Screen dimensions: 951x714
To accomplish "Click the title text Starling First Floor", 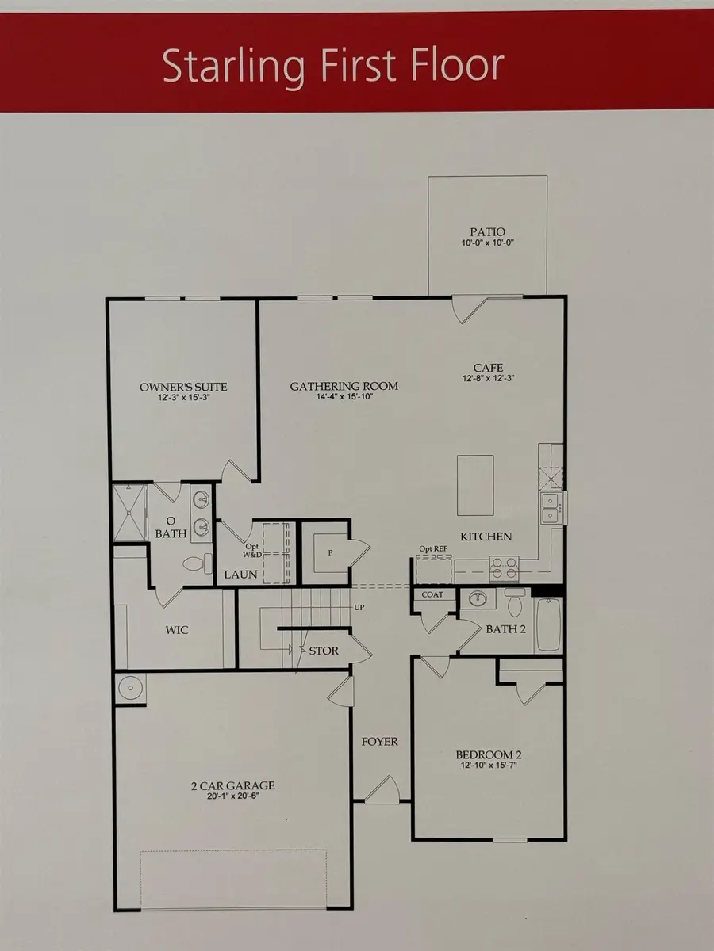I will click(333, 66).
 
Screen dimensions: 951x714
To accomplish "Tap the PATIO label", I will click(487, 232).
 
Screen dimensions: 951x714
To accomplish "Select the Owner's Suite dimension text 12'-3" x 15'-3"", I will click(183, 397).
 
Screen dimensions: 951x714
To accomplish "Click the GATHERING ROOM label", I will click(344, 386).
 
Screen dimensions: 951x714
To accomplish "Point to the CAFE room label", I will click(488, 368).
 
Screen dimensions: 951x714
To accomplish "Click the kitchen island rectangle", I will click(475, 485).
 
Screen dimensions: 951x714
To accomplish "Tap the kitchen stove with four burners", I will click(504, 567).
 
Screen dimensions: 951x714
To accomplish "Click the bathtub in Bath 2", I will click(548, 624).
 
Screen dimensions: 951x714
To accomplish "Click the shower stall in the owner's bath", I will click(129, 513).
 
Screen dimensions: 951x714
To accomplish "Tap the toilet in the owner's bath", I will click(196, 563).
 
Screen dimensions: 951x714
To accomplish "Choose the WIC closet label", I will click(177, 631).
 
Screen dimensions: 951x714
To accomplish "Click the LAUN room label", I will click(240, 574).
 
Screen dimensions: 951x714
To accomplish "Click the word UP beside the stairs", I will click(358, 607).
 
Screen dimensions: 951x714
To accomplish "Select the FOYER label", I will click(379, 742).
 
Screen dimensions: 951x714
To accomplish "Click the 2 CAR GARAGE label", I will click(232, 785).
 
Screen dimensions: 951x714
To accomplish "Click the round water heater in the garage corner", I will click(130, 687).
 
